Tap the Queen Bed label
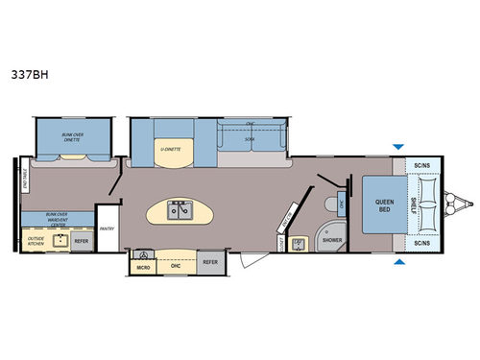pos(378,203)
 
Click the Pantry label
pos(108,228)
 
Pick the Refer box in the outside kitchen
pos(82,241)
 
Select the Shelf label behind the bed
pos(413,203)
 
